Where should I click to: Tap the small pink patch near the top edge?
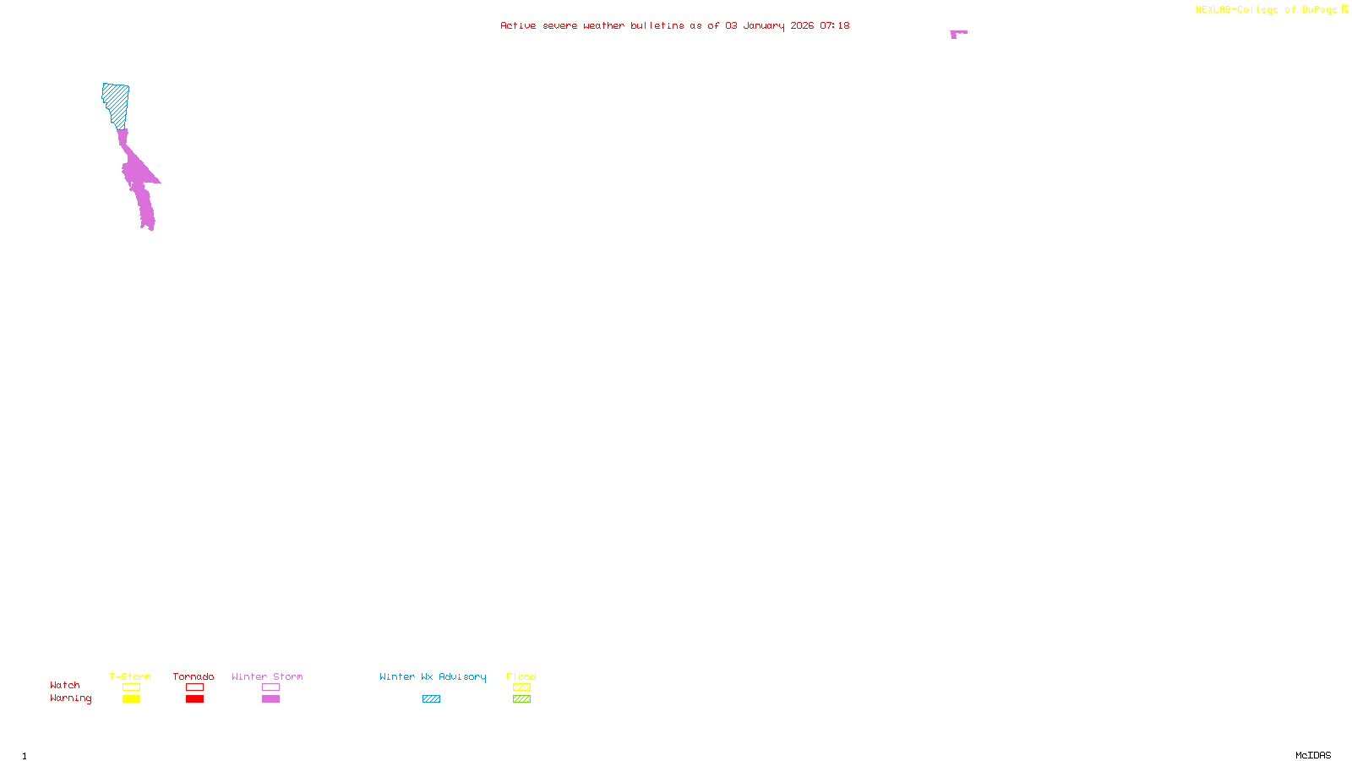[x=957, y=34]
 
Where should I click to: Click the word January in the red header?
[x=763, y=25]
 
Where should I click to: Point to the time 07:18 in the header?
[x=834, y=25]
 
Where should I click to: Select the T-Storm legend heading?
[x=130, y=676]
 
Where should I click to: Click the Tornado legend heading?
[x=194, y=676]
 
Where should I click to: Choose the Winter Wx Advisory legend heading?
[x=433, y=676]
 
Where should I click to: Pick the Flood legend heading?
[x=521, y=676]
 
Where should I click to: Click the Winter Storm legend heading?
[x=267, y=676]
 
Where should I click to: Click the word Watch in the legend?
[x=65, y=685]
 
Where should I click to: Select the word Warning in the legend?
[x=70, y=698]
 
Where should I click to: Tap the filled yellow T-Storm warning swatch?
[x=131, y=699]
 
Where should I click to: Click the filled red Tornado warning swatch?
[x=194, y=699]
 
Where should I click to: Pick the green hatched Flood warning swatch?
[x=521, y=699]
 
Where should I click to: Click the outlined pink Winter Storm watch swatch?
[x=270, y=687]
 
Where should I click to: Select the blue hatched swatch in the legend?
[x=431, y=699]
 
